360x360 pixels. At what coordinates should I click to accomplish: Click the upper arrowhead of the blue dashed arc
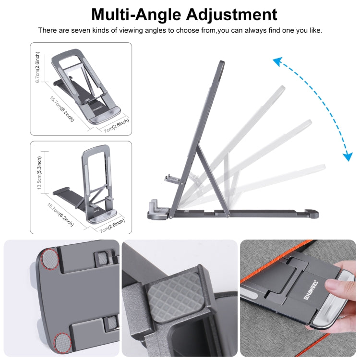coord(276,60)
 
